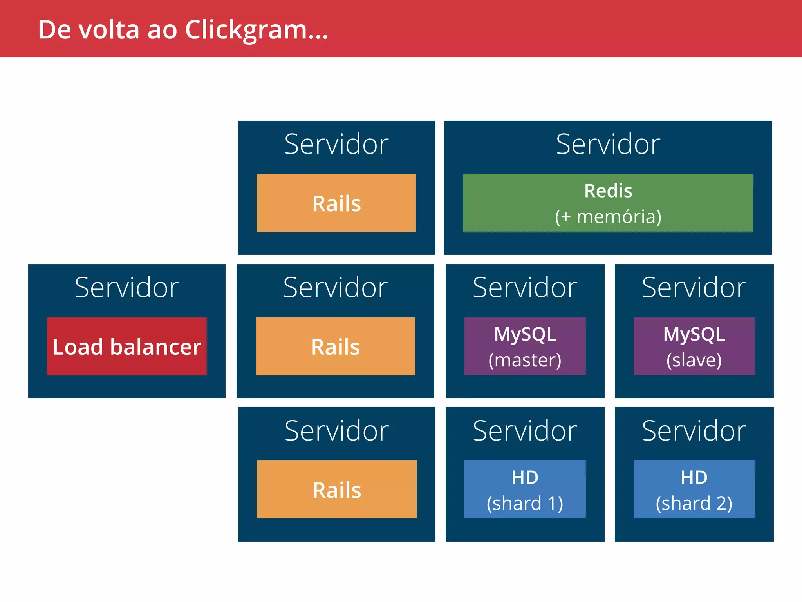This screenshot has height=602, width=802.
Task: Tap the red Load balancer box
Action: pos(126,346)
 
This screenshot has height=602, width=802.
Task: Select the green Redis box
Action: pos(608,203)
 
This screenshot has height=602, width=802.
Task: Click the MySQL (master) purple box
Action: pos(525,346)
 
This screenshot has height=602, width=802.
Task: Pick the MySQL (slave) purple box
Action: pos(694,346)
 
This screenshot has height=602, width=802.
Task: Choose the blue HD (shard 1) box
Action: pos(525,489)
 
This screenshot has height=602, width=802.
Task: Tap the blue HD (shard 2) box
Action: pos(694,489)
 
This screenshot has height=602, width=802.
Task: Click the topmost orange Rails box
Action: pos(336,203)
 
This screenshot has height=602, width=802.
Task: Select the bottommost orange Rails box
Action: pos(337,489)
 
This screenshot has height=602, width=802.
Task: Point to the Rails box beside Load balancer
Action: pos(336,346)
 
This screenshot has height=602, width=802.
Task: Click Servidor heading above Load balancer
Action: pos(126,287)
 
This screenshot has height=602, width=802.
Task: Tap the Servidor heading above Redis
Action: pos(608,144)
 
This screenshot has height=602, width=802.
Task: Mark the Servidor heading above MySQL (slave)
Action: pos(694,287)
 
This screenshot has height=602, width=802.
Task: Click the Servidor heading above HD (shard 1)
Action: pos(525,431)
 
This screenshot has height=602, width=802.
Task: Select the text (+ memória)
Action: pos(608,217)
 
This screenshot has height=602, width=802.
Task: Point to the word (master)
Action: pos(525,360)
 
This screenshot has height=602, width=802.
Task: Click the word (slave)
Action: pos(694,360)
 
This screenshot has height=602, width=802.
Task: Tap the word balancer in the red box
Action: pos(155,347)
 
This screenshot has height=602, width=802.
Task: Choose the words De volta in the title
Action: pos(89,30)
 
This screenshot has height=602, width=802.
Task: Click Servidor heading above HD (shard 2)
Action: pos(694,431)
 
